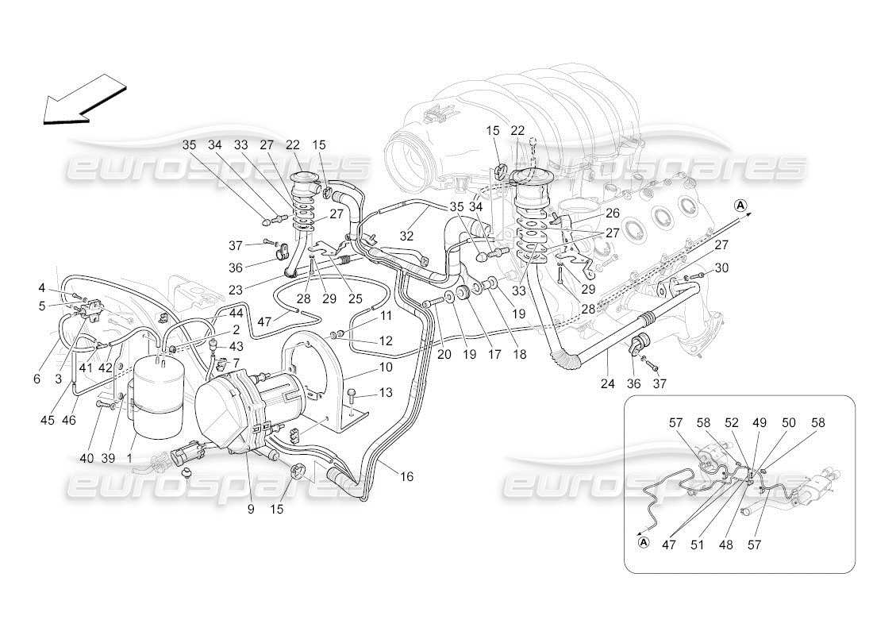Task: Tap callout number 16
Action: (407, 476)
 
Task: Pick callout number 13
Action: (386, 393)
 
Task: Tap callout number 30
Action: (721, 268)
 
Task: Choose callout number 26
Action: (612, 213)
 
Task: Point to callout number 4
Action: (41, 287)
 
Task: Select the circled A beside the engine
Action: (740, 205)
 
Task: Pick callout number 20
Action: (444, 355)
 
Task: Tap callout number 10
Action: (386, 368)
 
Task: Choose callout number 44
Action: (237, 315)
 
